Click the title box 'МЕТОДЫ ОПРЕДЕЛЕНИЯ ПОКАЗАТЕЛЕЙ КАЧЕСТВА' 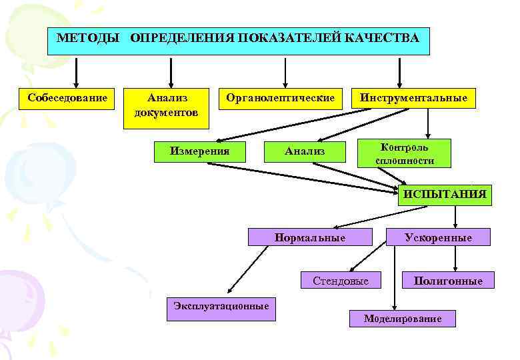tap(239, 41)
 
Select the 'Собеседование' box tap(68, 99)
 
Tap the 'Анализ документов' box tap(167, 105)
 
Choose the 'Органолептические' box tap(280, 99)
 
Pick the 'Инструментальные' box tap(413, 99)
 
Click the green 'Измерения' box tap(200, 151)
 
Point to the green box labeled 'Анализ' tap(305, 151)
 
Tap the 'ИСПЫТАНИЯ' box tap(445, 195)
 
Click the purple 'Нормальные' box tap(309, 237)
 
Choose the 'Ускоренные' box tap(438, 237)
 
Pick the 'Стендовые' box tap(341, 281)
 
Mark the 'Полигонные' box tap(448, 281)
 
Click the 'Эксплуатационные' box tap(221, 307)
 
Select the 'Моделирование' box tap(403, 318)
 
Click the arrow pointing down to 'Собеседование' tap(77, 70)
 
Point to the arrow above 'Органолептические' tap(285, 70)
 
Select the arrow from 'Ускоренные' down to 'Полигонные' tap(455, 257)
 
